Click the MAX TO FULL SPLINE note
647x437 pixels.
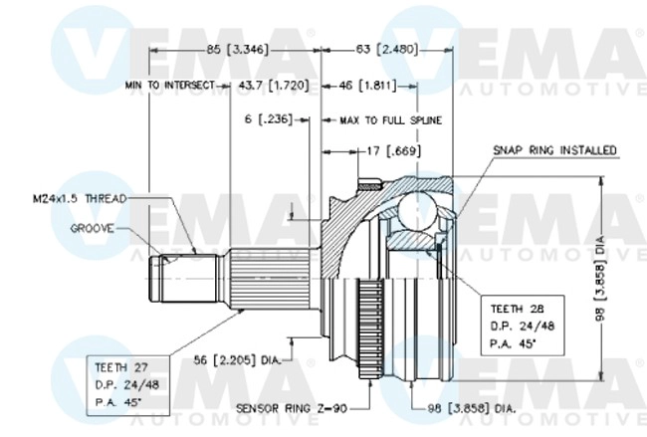(390, 119)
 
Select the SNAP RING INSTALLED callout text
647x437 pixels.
(554, 150)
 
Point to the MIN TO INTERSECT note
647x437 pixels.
(169, 87)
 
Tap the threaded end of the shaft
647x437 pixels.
(162, 282)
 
